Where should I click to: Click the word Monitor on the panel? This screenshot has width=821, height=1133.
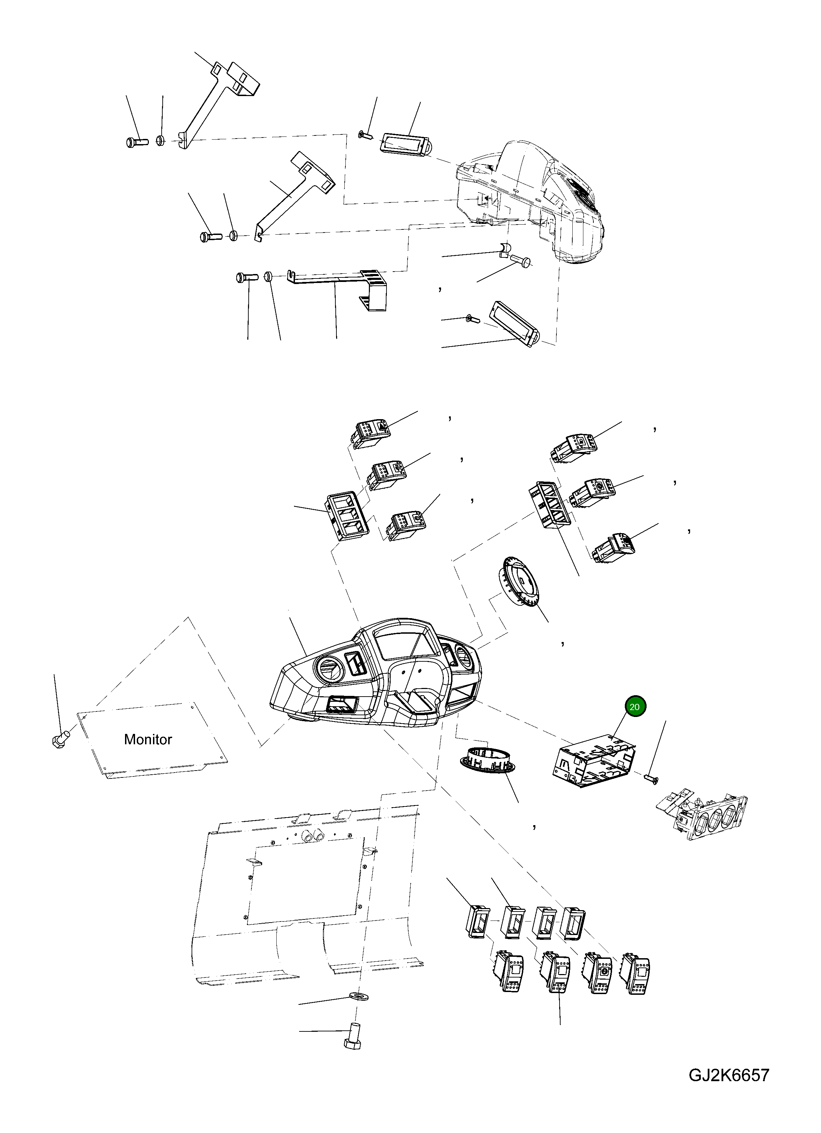point(148,739)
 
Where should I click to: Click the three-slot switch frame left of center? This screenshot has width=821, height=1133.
point(346,516)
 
